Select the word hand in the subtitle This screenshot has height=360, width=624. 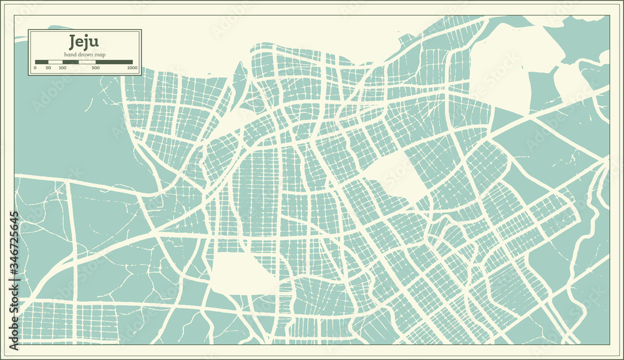(x=70, y=54)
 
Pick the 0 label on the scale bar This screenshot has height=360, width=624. (x=35, y=67)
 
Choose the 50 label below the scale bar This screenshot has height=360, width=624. (x=49, y=67)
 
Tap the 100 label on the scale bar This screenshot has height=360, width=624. (x=62, y=67)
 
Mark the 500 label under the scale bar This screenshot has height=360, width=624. (x=95, y=67)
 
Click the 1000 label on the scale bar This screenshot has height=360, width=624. (x=132, y=67)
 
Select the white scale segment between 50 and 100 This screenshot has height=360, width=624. (x=56, y=62)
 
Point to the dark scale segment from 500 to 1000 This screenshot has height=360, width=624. (x=114, y=62)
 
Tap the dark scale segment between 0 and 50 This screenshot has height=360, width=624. (x=42, y=62)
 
